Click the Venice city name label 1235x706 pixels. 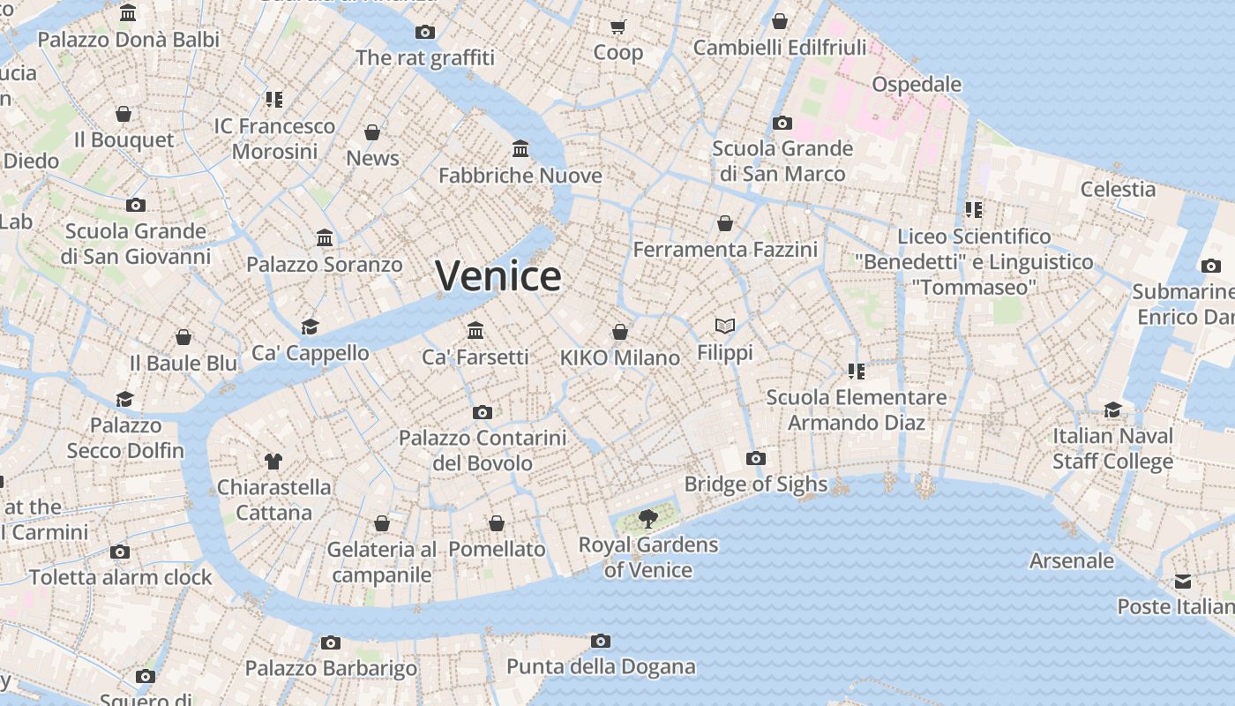pos(498,276)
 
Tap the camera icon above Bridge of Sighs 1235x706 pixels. pos(756,458)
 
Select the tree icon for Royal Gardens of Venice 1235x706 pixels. pos(648,518)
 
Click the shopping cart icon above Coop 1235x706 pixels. pos(618,26)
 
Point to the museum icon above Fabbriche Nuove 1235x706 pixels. pos(520,148)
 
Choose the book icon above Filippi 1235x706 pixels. pos(725,327)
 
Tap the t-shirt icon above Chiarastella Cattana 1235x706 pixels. pos(273,461)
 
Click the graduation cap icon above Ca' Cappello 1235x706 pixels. pos(310,327)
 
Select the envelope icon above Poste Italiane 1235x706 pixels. pos(1183,581)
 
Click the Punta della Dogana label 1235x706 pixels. pos(601,666)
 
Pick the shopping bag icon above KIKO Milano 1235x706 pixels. pos(620,332)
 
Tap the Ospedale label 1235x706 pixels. pos(917,84)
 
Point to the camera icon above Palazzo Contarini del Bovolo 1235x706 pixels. pos(482,412)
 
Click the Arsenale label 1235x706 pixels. pos(1072,560)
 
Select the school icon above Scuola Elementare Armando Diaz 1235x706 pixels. pos(856,371)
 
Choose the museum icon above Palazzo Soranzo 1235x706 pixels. pos(325,237)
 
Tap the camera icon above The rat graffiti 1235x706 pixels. pos(425,33)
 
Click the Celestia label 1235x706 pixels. pos(1118,189)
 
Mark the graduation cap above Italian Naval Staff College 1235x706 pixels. pos(1113,409)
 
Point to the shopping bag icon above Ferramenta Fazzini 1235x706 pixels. pos(725,223)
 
